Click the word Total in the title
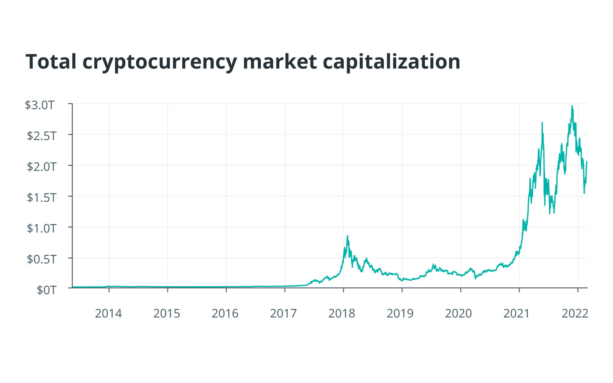click(51, 62)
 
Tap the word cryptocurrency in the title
click(159, 62)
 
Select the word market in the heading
click(280, 62)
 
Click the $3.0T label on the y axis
click(39, 105)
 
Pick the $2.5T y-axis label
click(41, 136)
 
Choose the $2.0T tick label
click(41, 167)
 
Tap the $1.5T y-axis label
click(41, 197)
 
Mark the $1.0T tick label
click(41, 228)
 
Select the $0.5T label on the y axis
click(41, 259)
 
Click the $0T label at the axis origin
click(46, 290)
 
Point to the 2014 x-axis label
click(108, 313)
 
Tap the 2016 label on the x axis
click(225, 313)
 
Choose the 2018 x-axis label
click(342, 313)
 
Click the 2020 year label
click(458, 313)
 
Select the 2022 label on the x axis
click(575, 313)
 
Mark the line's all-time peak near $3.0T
click(572, 106)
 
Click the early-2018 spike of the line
click(347, 236)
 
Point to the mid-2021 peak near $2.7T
click(542, 123)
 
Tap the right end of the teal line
click(587, 162)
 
